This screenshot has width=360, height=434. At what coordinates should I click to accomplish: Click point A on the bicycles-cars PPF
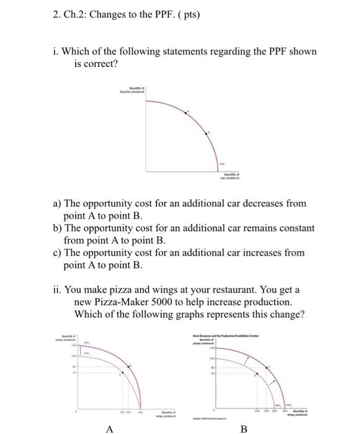(188, 112)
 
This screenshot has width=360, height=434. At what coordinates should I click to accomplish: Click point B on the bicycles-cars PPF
(209, 133)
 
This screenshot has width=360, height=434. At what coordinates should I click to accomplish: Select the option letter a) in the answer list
(56, 203)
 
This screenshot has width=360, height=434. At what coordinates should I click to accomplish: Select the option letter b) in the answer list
(56, 228)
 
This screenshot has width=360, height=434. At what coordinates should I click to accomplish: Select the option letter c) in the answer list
(56, 253)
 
